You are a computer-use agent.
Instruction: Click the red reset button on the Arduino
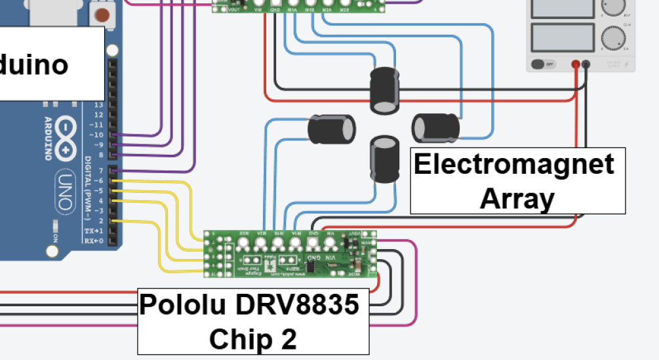(102, 14)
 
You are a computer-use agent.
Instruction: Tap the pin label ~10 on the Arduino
(96, 134)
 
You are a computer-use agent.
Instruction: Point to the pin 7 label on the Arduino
(100, 170)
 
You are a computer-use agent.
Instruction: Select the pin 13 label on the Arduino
(98, 105)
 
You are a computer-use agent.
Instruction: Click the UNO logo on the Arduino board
(64, 190)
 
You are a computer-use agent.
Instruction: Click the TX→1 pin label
(93, 231)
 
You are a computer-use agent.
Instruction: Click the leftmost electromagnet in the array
(331, 129)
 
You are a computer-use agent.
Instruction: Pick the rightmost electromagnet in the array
(435, 127)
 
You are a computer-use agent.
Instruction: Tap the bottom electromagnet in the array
(384, 159)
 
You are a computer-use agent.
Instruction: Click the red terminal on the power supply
(576, 64)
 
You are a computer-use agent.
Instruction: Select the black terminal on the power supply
(586, 64)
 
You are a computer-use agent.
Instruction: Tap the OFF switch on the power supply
(540, 64)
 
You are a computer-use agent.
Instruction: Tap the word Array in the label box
(517, 198)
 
